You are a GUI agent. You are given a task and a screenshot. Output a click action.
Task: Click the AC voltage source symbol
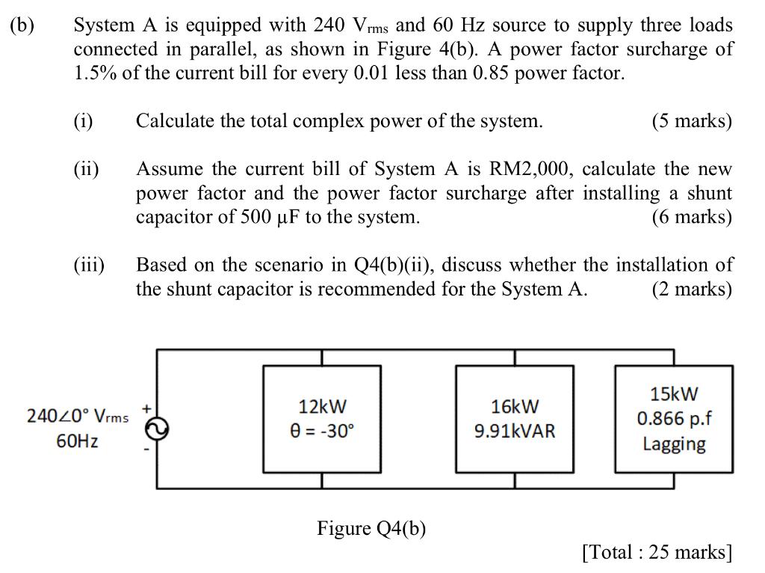pyautogui.click(x=157, y=428)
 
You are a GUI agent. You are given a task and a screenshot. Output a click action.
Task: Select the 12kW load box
pyautogui.click(x=322, y=419)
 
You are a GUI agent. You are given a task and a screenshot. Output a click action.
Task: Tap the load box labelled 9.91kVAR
pyautogui.click(x=515, y=419)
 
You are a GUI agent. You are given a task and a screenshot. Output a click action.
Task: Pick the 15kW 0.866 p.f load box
pyautogui.click(x=673, y=419)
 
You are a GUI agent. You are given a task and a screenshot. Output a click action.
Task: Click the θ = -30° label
pyautogui.click(x=322, y=432)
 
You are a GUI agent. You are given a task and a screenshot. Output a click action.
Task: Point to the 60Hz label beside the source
pyautogui.click(x=77, y=441)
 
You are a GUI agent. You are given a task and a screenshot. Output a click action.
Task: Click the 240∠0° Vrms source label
pyautogui.click(x=78, y=416)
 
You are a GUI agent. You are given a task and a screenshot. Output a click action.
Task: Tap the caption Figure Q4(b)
pyautogui.click(x=371, y=529)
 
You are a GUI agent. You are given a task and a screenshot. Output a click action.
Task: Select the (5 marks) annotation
pyautogui.click(x=692, y=121)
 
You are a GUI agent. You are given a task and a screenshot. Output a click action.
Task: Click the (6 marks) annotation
pyautogui.click(x=692, y=217)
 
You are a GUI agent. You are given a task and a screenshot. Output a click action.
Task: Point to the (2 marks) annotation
pyautogui.click(x=692, y=289)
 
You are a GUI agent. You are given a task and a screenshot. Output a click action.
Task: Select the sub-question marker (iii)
pyautogui.click(x=89, y=265)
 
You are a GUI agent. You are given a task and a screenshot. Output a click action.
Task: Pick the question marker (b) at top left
pyautogui.click(x=22, y=25)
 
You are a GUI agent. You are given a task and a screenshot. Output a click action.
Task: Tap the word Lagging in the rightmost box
pyautogui.click(x=674, y=444)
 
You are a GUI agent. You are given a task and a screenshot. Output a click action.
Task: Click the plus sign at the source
pyautogui.click(x=147, y=408)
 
